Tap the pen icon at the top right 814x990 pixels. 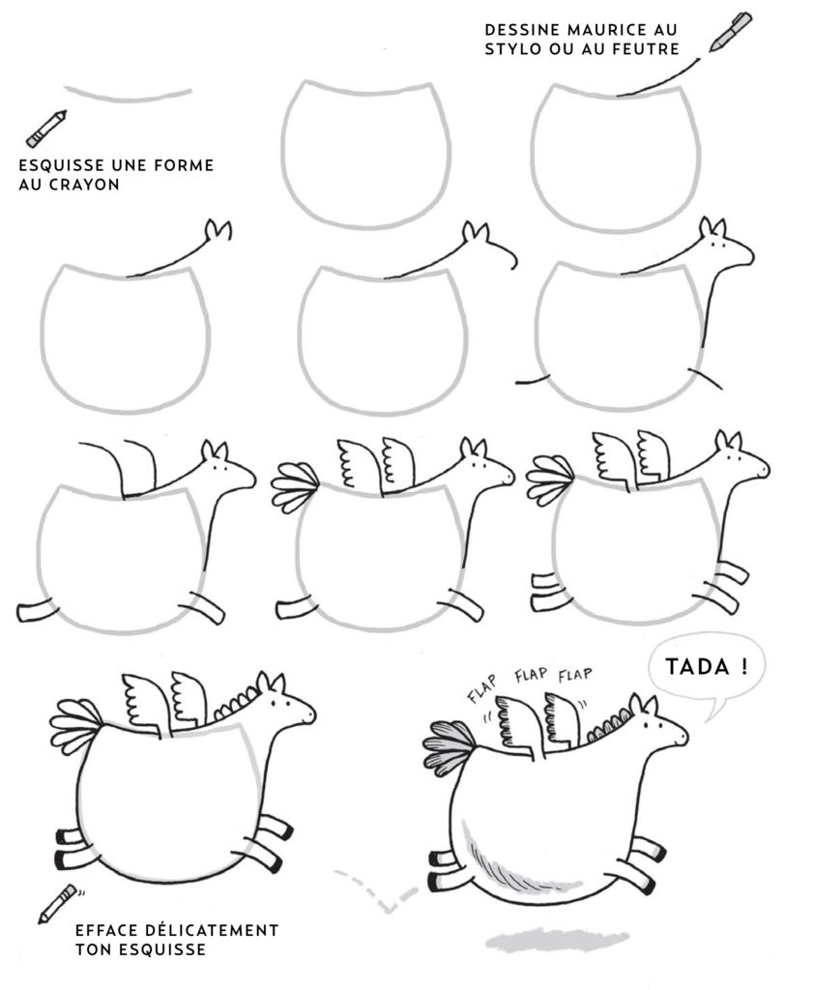point(730,32)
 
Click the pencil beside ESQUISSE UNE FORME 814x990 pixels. point(46,129)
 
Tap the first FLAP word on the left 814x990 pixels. point(481,688)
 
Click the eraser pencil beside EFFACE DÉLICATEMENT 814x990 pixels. point(58,903)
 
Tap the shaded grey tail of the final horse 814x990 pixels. point(449,746)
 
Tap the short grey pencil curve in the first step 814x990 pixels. point(129,94)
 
